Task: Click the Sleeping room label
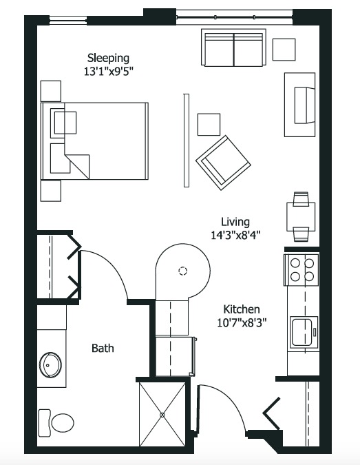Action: click(108, 59)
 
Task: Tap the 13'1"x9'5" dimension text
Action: click(108, 72)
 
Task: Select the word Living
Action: click(235, 222)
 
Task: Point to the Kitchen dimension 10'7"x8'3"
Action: click(242, 322)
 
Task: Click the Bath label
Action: click(103, 348)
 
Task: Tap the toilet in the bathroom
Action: click(56, 423)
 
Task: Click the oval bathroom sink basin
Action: click(50, 364)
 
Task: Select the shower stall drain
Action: click(162, 415)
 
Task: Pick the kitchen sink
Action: click(304, 331)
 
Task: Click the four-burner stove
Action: click(301, 270)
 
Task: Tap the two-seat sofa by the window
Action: click(233, 48)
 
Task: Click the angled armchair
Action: click(223, 163)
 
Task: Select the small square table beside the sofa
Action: click(284, 50)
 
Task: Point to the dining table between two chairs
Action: click(301, 217)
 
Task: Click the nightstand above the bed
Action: click(51, 91)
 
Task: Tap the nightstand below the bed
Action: click(51, 191)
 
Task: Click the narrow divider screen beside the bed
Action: click(187, 141)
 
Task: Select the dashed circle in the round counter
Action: click(183, 271)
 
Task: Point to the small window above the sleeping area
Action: click(68, 19)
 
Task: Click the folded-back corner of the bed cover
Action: click(77, 167)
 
